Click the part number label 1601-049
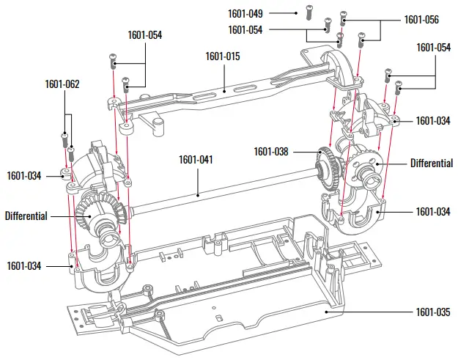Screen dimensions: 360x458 pos(245,13)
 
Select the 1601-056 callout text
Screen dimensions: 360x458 pos(421,20)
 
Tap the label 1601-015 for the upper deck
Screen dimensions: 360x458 pos(223,56)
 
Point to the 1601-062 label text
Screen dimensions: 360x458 pos(62,84)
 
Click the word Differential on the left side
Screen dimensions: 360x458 pos(26,216)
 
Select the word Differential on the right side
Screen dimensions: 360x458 pos(431,163)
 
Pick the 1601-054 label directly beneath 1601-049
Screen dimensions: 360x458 pos(245,29)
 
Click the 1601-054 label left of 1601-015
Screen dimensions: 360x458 pos(145,34)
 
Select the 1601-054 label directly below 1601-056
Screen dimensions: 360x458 pos(434,47)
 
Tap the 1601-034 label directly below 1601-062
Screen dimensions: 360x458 pos(24,175)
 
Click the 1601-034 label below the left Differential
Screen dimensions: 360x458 pos(24,265)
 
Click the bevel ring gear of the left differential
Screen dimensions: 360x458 pos(95,206)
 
